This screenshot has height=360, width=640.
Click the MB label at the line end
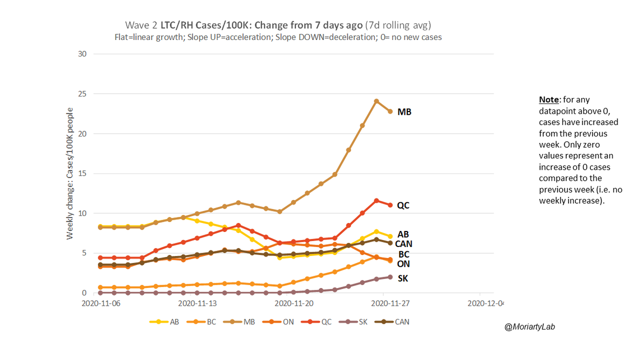(x=404, y=112)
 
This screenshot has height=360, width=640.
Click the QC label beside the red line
(x=404, y=205)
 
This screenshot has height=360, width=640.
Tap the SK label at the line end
(x=404, y=278)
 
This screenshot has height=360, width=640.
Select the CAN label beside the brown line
(x=403, y=244)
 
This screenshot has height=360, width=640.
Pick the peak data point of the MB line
(x=377, y=101)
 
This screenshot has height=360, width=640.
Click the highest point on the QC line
(x=377, y=201)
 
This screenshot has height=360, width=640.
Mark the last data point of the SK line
(x=390, y=277)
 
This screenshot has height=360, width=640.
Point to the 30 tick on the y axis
(x=82, y=54)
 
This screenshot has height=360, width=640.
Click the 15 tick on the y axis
(x=82, y=173)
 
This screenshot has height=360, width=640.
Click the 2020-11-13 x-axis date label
(x=195, y=303)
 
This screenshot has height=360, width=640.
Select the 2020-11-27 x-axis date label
(x=390, y=303)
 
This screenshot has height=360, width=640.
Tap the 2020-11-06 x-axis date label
(x=98, y=303)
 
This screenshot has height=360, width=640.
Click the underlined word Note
(x=549, y=100)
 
